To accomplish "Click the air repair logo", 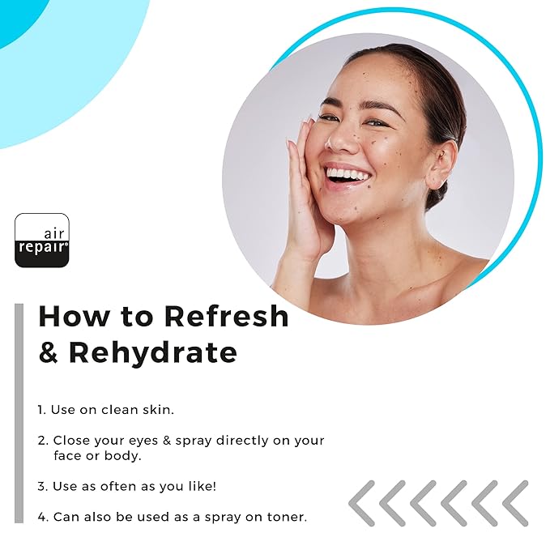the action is (x=42, y=241).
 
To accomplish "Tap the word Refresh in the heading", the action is (x=226, y=316).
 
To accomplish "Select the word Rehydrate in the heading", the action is (x=153, y=352).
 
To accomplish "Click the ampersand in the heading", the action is (x=49, y=352).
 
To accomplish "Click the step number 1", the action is (x=42, y=410).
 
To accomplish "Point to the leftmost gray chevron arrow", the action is (x=361, y=503).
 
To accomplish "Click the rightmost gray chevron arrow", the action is (x=515, y=503).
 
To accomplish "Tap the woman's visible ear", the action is (x=440, y=165).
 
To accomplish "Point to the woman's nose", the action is (x=339, y=139).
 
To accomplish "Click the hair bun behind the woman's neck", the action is (x=436, y=196).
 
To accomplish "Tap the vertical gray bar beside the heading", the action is (x=19, y=413).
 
